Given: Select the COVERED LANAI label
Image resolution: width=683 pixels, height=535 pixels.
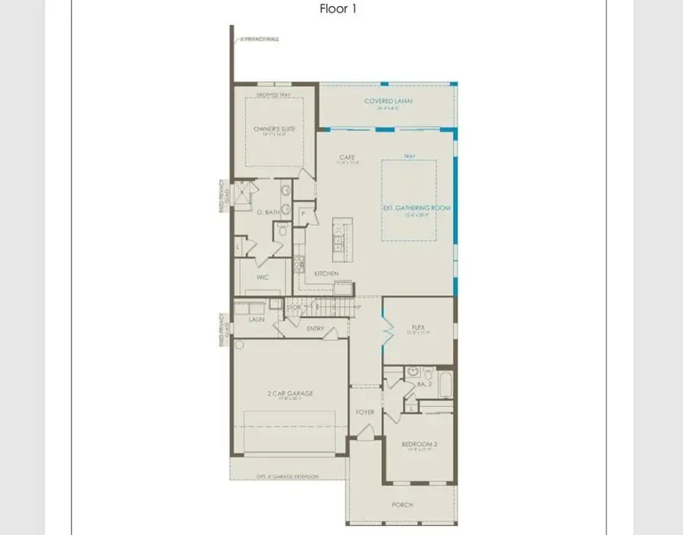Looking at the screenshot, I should click(x=388, y=101).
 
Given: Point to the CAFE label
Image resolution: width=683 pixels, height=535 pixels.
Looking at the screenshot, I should click(x=347, y=157).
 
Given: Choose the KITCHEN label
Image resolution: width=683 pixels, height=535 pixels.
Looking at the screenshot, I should click(x=327, y=274).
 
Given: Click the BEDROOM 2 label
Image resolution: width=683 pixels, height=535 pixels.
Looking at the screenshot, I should click(x=418, y=444).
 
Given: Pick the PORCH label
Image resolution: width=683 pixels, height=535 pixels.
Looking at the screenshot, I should click(x=402, y=504).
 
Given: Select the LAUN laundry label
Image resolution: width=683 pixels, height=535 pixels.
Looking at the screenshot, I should click(x=256, y=321).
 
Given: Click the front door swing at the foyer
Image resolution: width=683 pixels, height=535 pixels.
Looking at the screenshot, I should click(x=365, y=433).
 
